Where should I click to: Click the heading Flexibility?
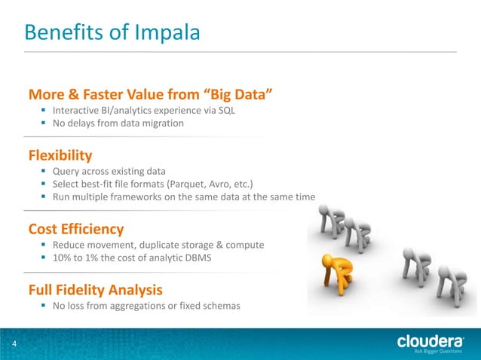[60, 156]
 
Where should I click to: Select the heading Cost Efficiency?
[76, 228]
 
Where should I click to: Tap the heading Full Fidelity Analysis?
[95, 289]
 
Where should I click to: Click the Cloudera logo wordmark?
[430, 341]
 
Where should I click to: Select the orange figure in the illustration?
[337, 275]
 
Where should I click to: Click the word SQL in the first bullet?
[227, 110]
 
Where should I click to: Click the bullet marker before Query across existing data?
[44, 171]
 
